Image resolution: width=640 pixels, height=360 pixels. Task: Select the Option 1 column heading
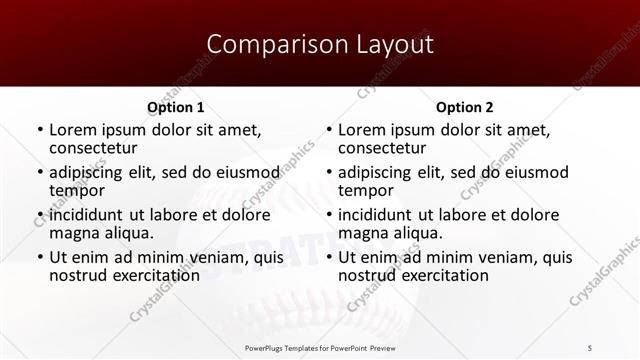pos(176,107)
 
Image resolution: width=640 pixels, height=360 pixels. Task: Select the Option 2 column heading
pos(465,107)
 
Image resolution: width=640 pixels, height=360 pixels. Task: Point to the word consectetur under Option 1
pos(93,147)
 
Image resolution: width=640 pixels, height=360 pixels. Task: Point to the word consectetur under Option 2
pos(382,147)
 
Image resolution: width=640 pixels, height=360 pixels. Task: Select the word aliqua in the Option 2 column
pos(419,233)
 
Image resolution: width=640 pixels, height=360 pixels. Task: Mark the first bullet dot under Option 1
pos(39,130)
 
